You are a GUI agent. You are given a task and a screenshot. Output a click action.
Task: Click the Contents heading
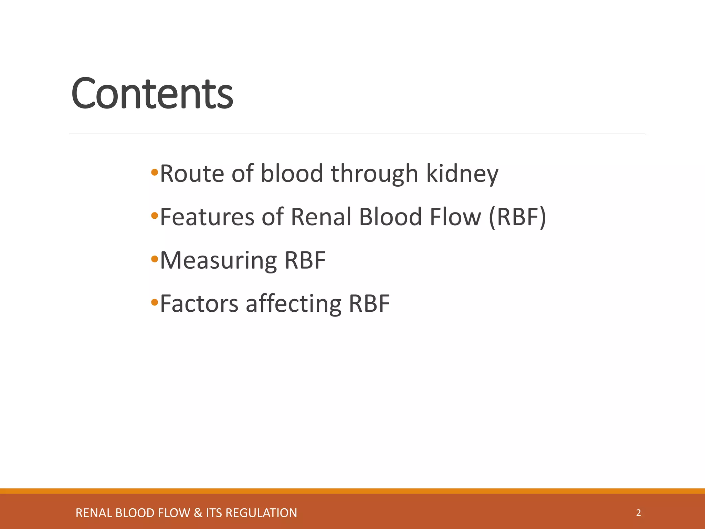(152, 94)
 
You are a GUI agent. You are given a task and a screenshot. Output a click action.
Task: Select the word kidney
(462, 174)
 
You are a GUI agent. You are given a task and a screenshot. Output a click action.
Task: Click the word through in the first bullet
(375, 174)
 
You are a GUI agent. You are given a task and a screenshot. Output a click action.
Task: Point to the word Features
(207, 217)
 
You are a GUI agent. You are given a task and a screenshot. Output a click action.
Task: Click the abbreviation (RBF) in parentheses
(517, 217)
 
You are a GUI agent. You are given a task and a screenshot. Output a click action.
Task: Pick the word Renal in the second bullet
(322, 217)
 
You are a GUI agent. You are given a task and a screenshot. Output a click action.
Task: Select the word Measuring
(218, 261)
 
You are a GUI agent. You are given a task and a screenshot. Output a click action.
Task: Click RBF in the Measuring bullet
(305, 260)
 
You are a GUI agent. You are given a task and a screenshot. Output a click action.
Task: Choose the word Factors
(199, 304)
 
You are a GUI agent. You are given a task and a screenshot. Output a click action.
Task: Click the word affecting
(293, 304)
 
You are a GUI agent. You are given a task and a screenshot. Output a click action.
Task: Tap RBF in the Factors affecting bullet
(369, 304)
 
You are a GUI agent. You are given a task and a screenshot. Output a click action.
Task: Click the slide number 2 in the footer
(638, 513)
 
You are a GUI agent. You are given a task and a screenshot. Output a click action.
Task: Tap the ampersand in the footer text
(198, 513)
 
